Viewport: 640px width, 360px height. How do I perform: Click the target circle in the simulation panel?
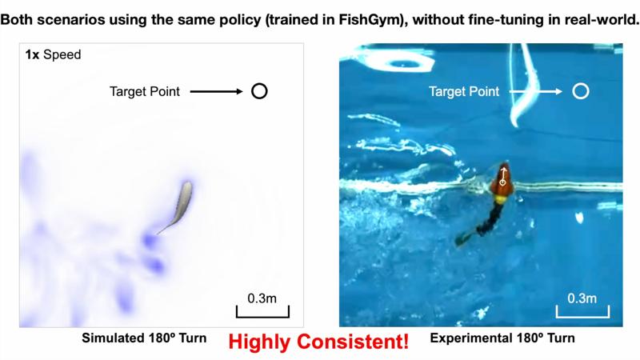click(x=259, y=91)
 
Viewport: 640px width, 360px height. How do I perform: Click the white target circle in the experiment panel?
click(x=582, y=91)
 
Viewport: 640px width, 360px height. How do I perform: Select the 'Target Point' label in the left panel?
click(x=145, y=92)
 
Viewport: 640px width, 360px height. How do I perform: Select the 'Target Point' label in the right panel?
click(x=464, y=92)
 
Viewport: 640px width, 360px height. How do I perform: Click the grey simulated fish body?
click(x=180, y=205)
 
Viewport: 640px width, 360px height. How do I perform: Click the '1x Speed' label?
click(x=53, y=55)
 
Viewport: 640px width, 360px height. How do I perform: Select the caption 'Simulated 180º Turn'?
click(x=144, y=338)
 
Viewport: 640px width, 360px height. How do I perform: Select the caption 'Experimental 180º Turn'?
click(x=502, y=338)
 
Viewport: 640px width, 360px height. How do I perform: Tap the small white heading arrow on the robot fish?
click(x=503, y=174)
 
